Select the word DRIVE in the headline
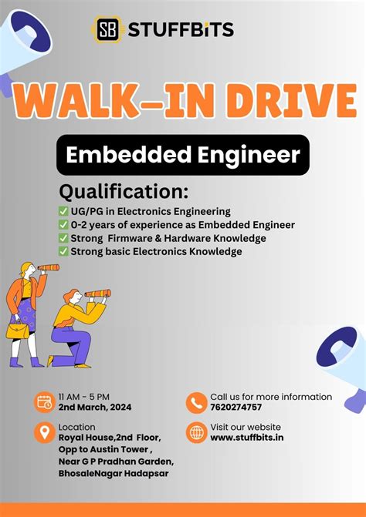(283, 101)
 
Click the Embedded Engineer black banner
(182, 155)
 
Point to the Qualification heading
(124, 190)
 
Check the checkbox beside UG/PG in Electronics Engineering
(63, 211)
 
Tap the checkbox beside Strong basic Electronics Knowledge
(63, 251)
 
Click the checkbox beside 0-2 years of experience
(63, 224)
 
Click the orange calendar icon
(44, 402)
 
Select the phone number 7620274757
(236, 408)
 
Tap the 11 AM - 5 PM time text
(83, 397)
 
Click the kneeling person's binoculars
(98, 294)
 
